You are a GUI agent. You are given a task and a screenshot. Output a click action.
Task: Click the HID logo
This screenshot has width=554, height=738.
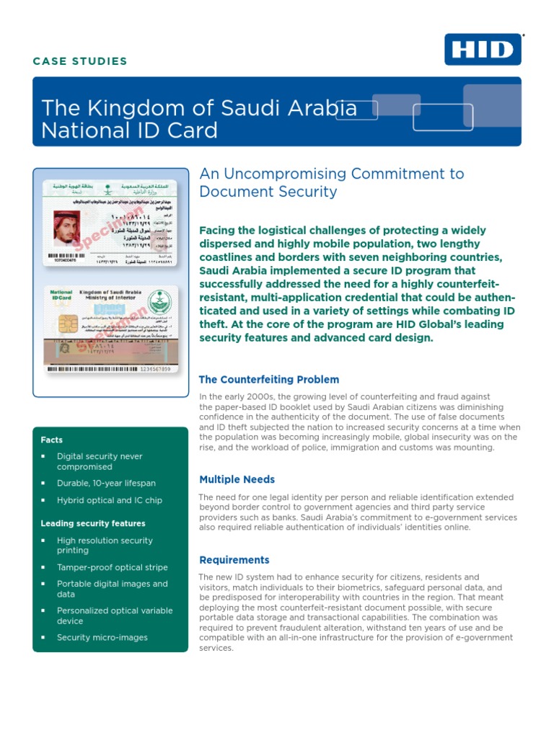tap(483, 50)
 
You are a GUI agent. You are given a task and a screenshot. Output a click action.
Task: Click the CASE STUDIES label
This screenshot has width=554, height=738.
tap(80, 61)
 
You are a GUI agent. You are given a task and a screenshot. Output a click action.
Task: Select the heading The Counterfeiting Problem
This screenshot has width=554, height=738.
tap(268, 379)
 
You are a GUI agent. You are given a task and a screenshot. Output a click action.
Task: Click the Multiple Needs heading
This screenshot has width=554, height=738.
tap(237, 479)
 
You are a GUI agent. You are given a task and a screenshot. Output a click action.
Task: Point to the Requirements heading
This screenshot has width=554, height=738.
tap(234, 560)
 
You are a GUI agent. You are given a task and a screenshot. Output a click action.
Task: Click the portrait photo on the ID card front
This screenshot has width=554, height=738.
tap(65, 228)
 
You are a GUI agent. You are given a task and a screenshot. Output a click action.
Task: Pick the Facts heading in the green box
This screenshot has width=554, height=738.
tap(51, 440)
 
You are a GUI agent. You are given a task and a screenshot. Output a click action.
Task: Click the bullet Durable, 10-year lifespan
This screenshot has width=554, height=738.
tap(106, 483)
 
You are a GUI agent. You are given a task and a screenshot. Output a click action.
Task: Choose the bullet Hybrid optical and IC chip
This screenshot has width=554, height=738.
tap(110, 500)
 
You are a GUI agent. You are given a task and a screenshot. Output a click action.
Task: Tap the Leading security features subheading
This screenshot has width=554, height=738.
tap(93, 523)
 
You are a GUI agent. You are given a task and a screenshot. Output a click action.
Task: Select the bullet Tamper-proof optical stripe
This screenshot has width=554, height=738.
tap(112, 567)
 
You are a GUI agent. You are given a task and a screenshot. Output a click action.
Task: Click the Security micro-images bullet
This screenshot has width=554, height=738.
tap(102, 637)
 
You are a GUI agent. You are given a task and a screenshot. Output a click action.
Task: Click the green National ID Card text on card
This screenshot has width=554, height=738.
tap(61, 296)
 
